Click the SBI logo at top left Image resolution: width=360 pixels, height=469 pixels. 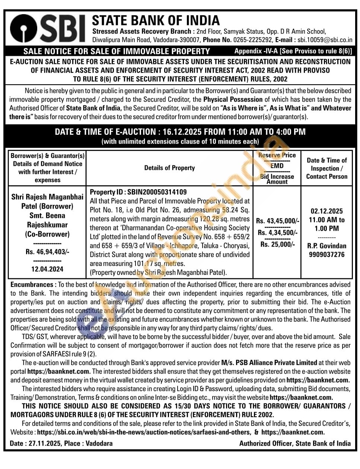coord(48,28)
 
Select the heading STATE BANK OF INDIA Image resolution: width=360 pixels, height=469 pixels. coord(156,20)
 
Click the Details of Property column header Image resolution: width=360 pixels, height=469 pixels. coord(169,168)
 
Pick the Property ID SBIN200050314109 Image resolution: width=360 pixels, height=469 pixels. coord(157,192)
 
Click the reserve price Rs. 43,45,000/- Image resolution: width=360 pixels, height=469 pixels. coord(277,221)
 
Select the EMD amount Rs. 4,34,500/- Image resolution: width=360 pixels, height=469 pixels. coord(277,233)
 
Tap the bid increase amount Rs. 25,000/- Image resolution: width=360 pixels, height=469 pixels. coord(277,244)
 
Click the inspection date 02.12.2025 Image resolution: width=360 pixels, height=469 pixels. coord(326,211)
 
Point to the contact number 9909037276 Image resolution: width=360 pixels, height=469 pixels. coord(326,255)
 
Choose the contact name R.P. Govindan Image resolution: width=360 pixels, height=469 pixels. coord(326,246)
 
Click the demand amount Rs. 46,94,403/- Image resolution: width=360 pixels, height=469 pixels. coord(47,252)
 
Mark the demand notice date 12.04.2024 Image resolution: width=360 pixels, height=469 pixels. coord(47,269)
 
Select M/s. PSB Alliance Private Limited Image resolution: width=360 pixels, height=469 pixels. coord(269,362)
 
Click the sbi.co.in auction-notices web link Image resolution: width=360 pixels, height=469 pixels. coord(144,432)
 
